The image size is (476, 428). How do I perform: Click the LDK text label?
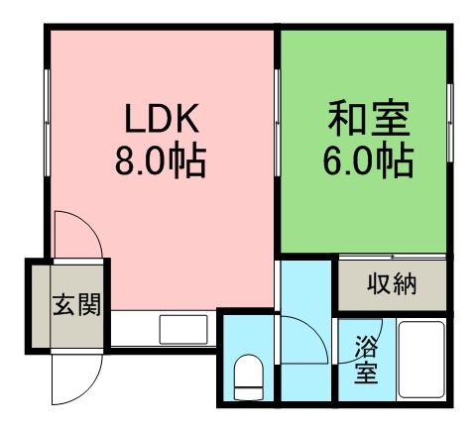coord(162,120)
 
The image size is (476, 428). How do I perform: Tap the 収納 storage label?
coord(394,285)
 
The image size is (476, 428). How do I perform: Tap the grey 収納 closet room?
coord(394,285)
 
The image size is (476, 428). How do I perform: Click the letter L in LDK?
coord(133,120)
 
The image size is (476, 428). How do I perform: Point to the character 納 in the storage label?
coord(406,285)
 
